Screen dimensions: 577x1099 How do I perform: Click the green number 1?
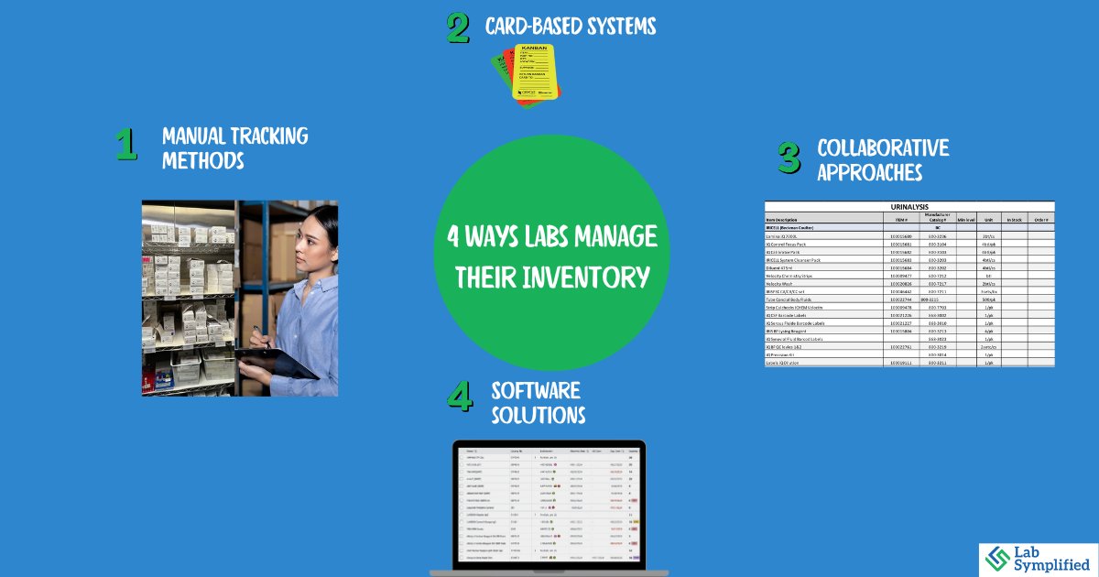pos(125,146)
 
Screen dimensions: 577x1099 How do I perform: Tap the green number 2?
pos(458,27)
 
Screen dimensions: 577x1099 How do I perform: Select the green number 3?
pos(789,158)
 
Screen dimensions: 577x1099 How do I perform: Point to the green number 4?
pos(460,396)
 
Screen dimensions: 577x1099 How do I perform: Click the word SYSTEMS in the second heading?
pos(616,27)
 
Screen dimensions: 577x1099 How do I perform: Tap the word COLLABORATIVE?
pos(882,147)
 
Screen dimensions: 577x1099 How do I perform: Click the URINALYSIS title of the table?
pos(909,208)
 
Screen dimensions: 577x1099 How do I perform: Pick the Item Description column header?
pos(791,220)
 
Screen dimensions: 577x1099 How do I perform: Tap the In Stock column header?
pos(1013,220)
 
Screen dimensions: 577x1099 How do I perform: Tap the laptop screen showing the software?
pos(549,503)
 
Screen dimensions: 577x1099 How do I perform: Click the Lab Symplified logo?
pos(1034,559)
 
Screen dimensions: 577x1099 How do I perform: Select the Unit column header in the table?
pos(989,220)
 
